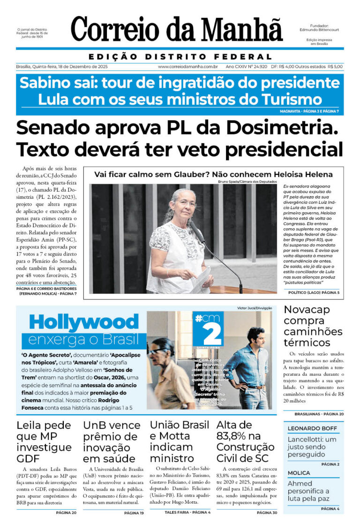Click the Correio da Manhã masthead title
[x=177, y=29]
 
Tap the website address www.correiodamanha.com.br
[x=188, y=67]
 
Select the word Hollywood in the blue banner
[x=84, y=322]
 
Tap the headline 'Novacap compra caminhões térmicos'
[x=313, y=326]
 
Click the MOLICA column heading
[x=299, y=473]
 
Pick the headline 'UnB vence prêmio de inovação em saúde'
[x=112, y=442]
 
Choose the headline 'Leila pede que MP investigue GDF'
[x=44, y=442]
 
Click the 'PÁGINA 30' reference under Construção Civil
[x=267, y=513]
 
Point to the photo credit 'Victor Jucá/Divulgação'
[x=255, y=308]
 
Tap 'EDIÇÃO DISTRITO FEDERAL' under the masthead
[x=180, y=57]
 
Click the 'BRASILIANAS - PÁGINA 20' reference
[x=319, y=414]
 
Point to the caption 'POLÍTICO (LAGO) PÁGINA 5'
[x=314, y=292]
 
